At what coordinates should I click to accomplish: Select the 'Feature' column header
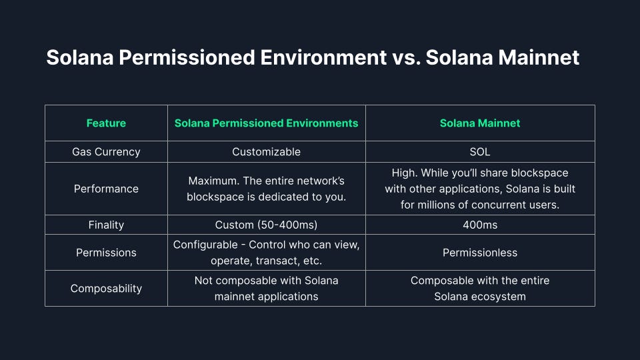[106, 123]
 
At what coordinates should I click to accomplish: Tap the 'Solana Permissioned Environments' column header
[266, 123]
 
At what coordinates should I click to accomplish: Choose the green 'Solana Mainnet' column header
[480, 123]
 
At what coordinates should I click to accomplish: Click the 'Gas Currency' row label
[106, 151]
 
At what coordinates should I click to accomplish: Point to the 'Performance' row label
[106, 189]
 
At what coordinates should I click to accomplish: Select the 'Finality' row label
[106, 225]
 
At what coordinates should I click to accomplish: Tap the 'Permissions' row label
[106, 253]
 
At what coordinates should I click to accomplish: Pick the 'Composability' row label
[106, 288]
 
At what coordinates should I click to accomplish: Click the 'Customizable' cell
[266, 151]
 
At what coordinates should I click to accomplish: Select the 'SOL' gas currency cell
[480, 151]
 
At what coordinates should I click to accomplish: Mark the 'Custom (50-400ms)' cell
[266, 225]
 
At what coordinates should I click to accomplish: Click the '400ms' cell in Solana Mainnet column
[480, 225]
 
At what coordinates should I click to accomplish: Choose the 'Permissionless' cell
[480, 253]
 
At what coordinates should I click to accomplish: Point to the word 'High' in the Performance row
[405, 173]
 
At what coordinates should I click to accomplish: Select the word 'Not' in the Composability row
[204, 280]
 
